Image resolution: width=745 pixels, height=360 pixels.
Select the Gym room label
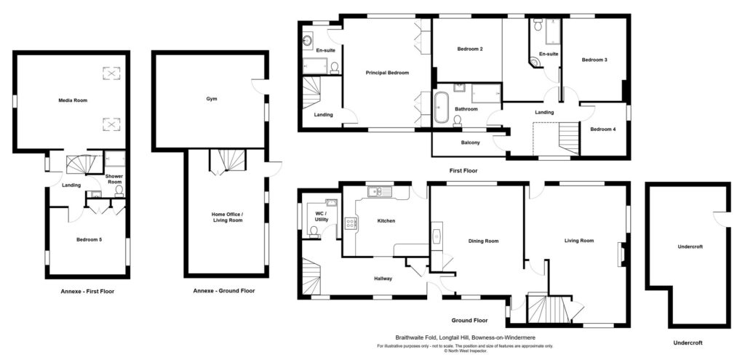(x=212, y=99)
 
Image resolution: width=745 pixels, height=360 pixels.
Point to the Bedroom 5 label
(x=88, y=239)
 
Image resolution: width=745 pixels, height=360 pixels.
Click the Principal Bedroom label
(x=387, y=73)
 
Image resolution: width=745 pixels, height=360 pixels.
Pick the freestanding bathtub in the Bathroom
(x=441, y=107)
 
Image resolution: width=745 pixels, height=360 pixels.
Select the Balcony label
(x=470, y=143)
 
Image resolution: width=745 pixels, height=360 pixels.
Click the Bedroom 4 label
(x=602, y=129)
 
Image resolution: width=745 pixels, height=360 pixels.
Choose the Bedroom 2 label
(x=470, y=49)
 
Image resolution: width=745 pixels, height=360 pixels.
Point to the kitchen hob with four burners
(x=351, y=223)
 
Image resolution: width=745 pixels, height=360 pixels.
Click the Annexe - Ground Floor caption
(x=223, y=291)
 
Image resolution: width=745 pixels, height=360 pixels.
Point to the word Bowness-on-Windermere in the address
(x=502, y=337)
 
